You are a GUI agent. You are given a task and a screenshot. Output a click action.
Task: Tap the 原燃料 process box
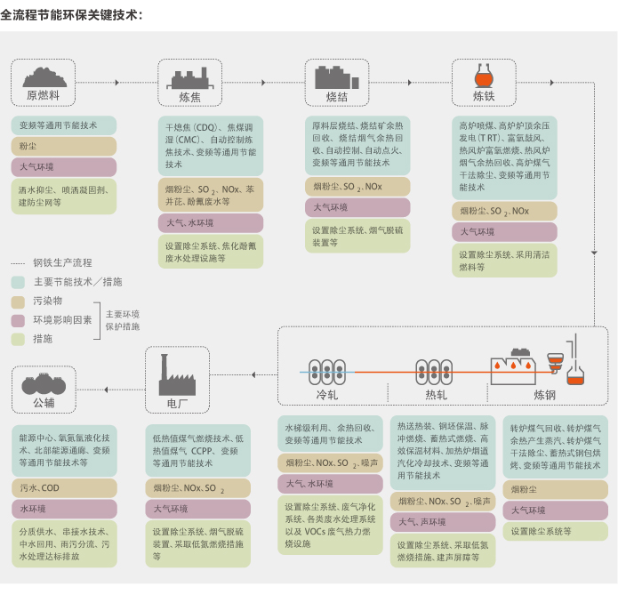(44, 83)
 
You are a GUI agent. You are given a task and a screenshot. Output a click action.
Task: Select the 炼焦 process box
(189, 83)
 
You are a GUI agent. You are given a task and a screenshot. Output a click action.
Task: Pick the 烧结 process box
(336, 83)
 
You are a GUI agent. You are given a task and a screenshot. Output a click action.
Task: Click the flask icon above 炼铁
(484, 71)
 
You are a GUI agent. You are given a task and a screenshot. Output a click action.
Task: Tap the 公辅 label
(44, 403)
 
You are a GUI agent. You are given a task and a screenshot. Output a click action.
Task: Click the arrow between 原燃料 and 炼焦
(116, 83)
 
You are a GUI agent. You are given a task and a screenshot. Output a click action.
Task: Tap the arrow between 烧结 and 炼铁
(410, 83)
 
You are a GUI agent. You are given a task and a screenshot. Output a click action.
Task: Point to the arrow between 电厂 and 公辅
(108, 388)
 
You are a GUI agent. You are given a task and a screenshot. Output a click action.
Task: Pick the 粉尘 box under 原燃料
(63, 146)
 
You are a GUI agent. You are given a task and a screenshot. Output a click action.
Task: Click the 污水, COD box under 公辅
(63, 488)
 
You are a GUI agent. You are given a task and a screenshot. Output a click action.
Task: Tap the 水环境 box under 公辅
(63, 509)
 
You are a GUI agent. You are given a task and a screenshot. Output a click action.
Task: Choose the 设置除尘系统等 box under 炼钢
(557, 531)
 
